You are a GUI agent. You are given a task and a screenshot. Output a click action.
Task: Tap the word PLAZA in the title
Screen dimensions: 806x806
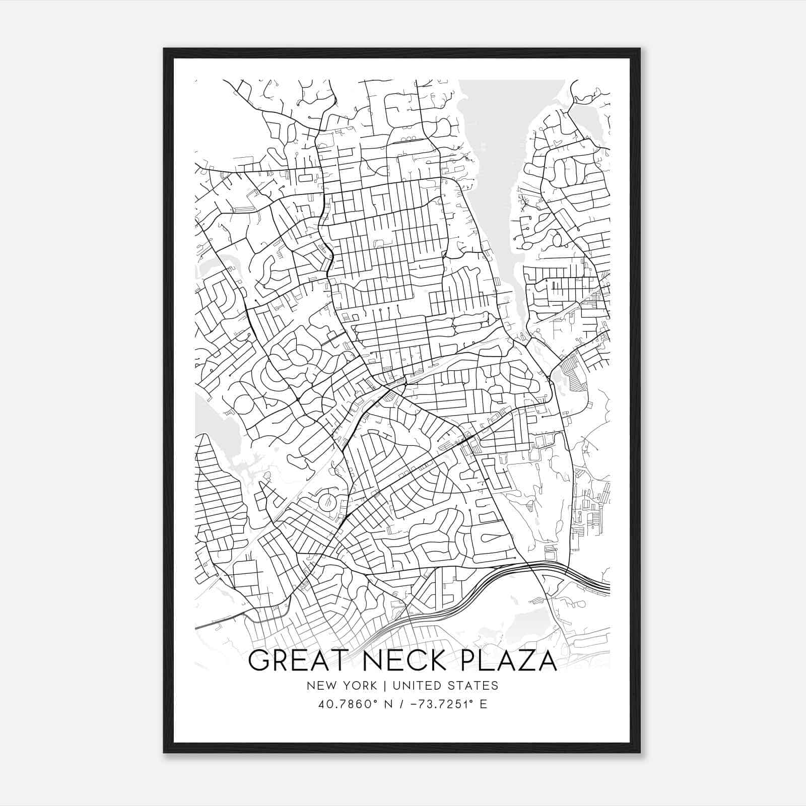point(509,661)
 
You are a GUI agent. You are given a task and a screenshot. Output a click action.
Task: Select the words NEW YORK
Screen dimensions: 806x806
point(341,685)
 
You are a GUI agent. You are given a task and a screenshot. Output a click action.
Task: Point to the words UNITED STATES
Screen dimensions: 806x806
point(445,685)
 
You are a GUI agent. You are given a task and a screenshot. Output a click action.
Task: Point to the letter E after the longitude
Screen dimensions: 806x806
point(484,704)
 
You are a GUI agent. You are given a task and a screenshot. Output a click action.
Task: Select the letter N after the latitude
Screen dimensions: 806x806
point(387,704)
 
